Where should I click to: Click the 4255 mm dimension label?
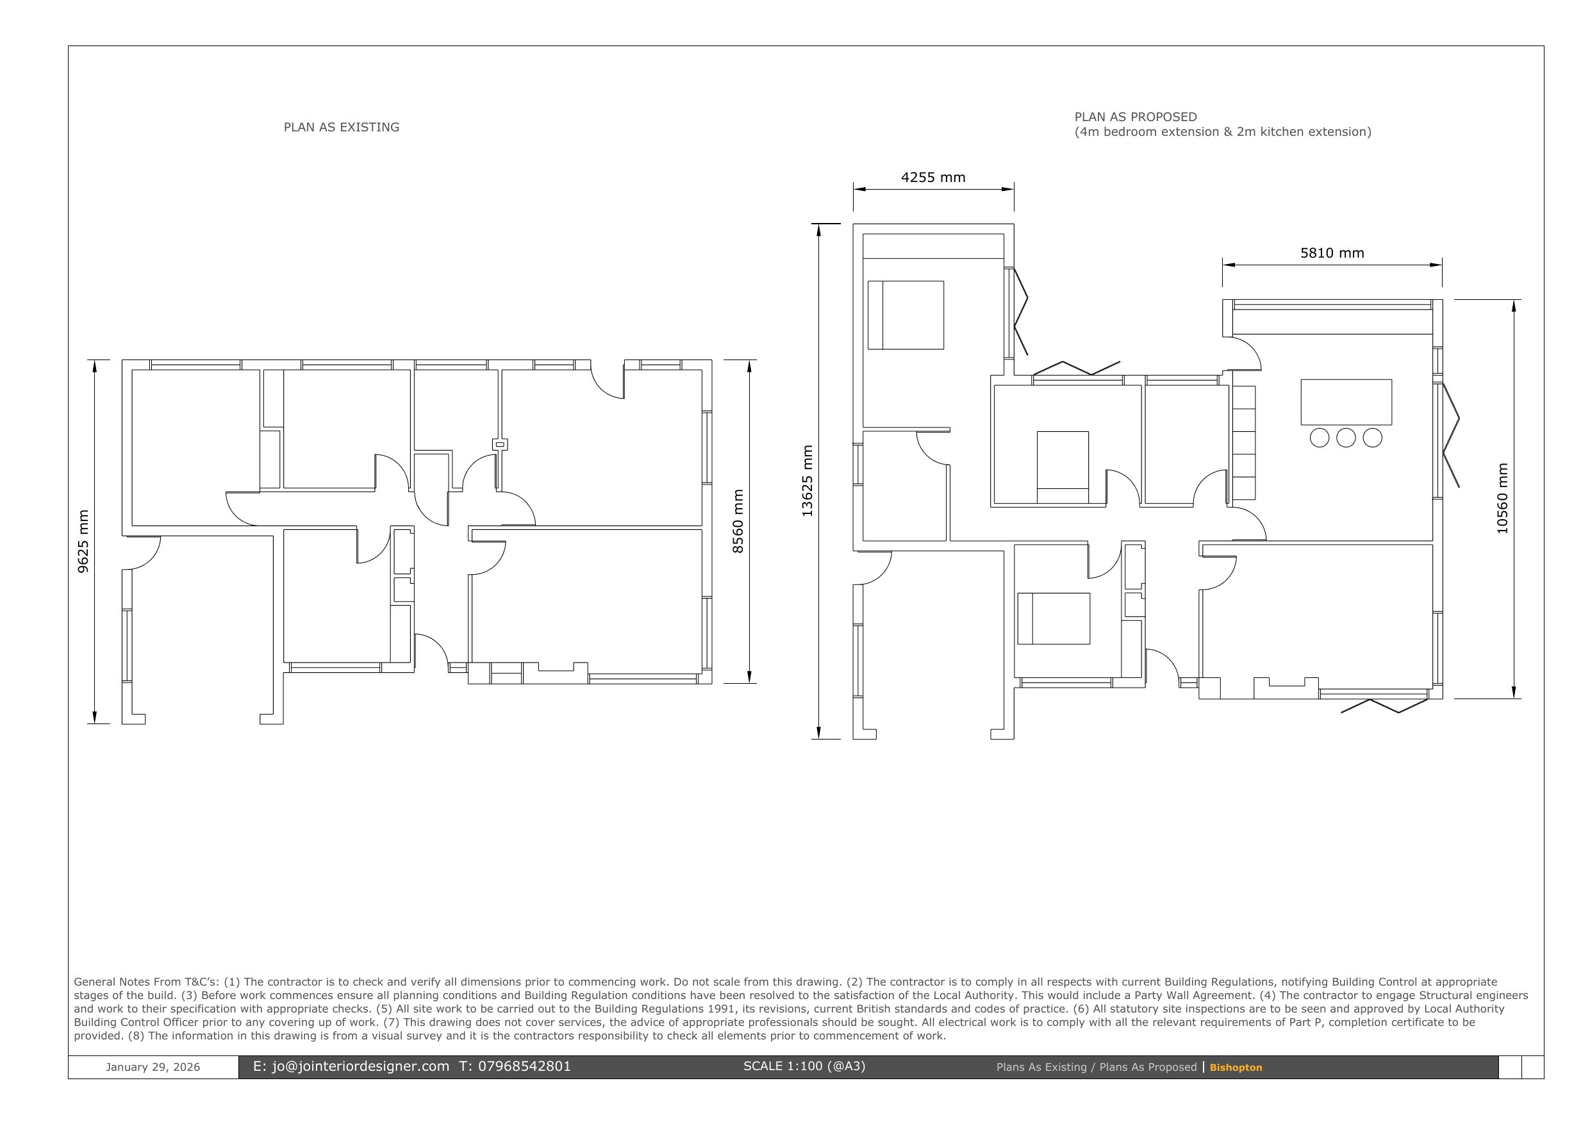point(933,178)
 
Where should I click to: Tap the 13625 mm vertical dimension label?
point(807,481)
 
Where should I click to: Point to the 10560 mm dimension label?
point(1502,499)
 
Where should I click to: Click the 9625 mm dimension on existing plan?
point(83,541)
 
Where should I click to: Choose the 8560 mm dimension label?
point(738,521)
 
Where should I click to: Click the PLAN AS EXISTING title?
point(342,128)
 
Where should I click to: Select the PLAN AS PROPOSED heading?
point(1135,117)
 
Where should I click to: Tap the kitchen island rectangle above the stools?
point(1346,402)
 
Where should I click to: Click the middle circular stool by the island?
point(1346,438)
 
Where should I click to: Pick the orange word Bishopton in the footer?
point(1236,1067)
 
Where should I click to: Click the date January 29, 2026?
point(153,1067)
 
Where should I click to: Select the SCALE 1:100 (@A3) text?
point(804,1066)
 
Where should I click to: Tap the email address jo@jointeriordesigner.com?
point(360,1066)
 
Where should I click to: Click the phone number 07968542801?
point(524,1066)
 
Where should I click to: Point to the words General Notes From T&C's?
point(146,982)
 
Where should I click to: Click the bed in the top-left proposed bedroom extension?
point(905,315)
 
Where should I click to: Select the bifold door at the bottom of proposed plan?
point(1384,706)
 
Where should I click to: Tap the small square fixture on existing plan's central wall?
point(499,444)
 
